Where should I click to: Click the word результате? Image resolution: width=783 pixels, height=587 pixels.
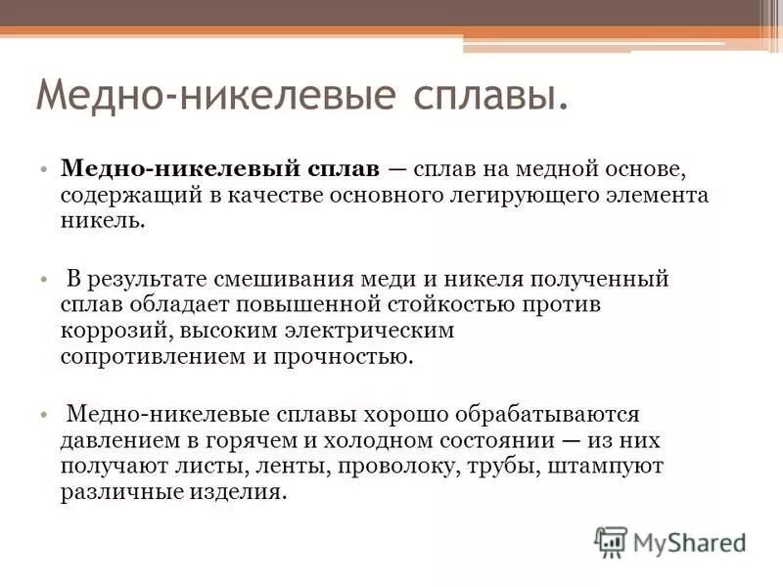[x=153, y=279]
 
